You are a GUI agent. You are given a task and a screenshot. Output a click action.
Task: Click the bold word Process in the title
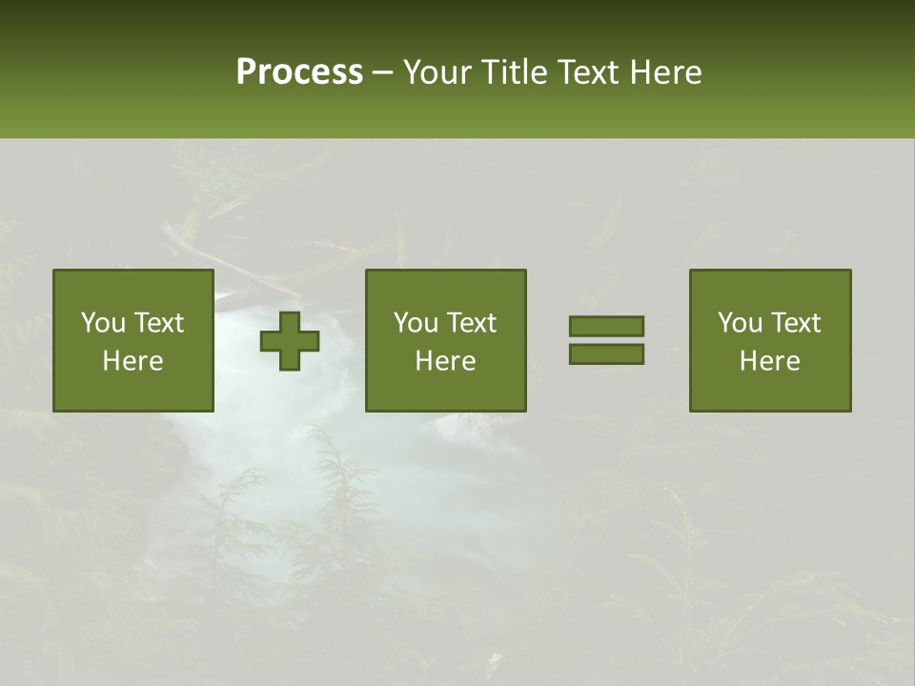click(299, 72)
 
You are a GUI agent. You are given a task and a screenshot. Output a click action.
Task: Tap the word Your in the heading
click(438, 72)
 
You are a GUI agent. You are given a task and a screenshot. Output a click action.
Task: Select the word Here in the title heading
click(666, 72)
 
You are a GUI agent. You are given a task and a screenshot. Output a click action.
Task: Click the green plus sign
click(291, 340)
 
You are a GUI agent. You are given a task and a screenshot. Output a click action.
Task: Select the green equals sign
click(606, 340)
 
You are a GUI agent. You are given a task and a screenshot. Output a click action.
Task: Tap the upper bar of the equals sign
click(606, 326)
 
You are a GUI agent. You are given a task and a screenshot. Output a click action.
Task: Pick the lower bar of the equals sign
click(606, 353)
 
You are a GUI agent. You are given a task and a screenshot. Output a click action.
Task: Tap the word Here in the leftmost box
click(133, 361)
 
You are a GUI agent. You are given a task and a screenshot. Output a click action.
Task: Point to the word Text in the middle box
click(472, 323)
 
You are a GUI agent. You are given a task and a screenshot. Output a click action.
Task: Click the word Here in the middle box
click(446, 361)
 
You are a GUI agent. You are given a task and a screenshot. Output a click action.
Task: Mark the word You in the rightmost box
click(740, 323)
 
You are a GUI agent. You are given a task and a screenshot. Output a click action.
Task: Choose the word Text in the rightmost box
click(796, 323)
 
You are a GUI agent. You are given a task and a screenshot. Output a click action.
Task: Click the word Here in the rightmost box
click(770, 361)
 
